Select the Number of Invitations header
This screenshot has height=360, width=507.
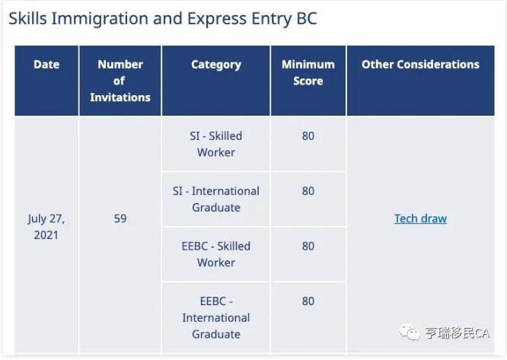pyautogui.click(x=120, y=81)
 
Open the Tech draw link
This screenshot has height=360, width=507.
pyautogui.click(x=420, y=218)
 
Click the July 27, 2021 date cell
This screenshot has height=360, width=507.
pyautogui.click(x=46, y=227)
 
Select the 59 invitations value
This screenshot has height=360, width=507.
pyautogui.click(x=120, y=218)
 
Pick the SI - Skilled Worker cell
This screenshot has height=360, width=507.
pyautogui.click(x=216, y=144)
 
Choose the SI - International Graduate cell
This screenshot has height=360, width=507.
pyautogui.click(x=216, y=199)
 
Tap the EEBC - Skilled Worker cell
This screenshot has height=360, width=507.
pyautogui.click(x=216, y=254)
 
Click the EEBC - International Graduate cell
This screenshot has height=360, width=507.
pyautogui.click(x=216, y=317)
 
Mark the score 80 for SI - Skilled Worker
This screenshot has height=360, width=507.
pyautogui.click(x=308, y=136)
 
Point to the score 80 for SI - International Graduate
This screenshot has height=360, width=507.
pyautogui.click(x=308, y=191)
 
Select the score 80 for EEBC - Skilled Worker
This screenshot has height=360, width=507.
pyautogui.click(x=308, y=247)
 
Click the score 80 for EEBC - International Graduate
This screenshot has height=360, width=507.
pyautogui.click(x=308, y=301)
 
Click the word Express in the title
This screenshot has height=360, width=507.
pyautogui.click(x=217, y=19)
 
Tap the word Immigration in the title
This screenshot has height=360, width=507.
pyautogui.click(x=100, y=19)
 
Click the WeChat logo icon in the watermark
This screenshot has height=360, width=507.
pyautogui.click(x=410, y=332)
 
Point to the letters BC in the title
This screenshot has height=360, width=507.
pyautogui.click(x=307, y=18)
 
